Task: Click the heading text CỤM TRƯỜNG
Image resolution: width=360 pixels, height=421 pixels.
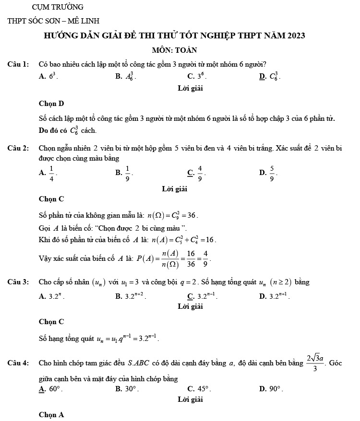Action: tap(57, 7)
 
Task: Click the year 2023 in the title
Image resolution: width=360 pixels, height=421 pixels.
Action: tap(293, 36)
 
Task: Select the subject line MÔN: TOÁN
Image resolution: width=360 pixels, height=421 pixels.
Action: tap(174, 50)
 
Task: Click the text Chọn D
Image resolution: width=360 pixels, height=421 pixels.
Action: tap(51, 104)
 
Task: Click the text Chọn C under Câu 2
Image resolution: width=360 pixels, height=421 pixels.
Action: tap(51, 199)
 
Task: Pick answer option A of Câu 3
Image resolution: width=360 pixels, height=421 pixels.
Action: tap(49, 296)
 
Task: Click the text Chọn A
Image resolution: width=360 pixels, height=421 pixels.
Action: tap(51, 415)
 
